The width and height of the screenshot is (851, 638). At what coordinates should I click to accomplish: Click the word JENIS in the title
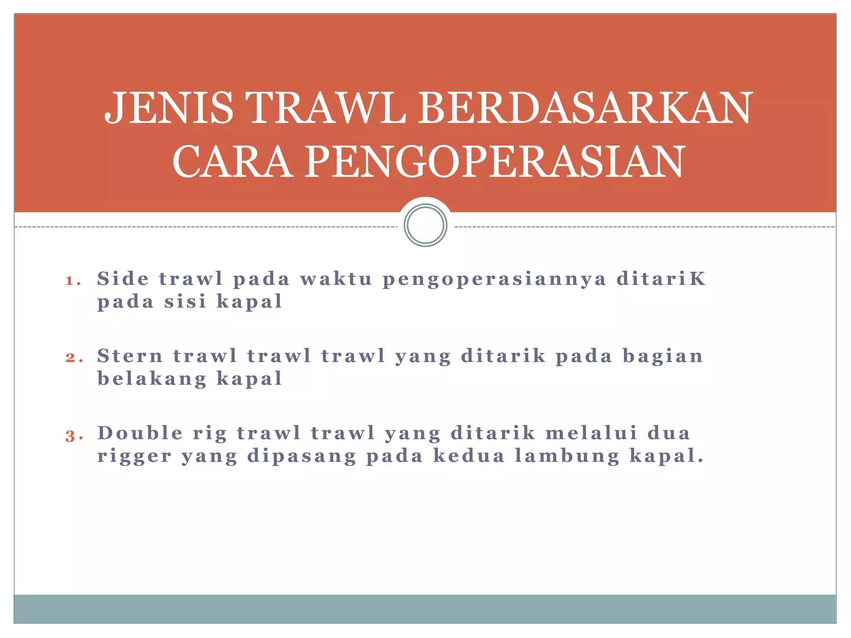[x=169, y=108]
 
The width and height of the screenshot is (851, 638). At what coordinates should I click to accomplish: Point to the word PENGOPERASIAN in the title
[x=495, y=162]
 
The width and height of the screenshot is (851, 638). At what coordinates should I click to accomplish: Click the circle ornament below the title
[x=425, y=225]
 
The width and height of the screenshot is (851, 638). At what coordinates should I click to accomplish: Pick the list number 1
[x=72, y=281]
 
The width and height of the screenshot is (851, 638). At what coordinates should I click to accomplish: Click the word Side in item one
[x=123, y=278]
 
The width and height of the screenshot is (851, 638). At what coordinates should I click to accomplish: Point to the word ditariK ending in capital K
[x=661, y=278]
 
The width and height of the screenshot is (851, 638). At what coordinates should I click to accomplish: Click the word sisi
[x=185, y=301]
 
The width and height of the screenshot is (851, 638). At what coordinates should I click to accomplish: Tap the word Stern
[x=130, y=356]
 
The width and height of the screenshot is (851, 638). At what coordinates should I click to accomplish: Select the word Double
[x=140, y=433]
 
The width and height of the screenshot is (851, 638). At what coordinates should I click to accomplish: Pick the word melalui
[x=591, y=433]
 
